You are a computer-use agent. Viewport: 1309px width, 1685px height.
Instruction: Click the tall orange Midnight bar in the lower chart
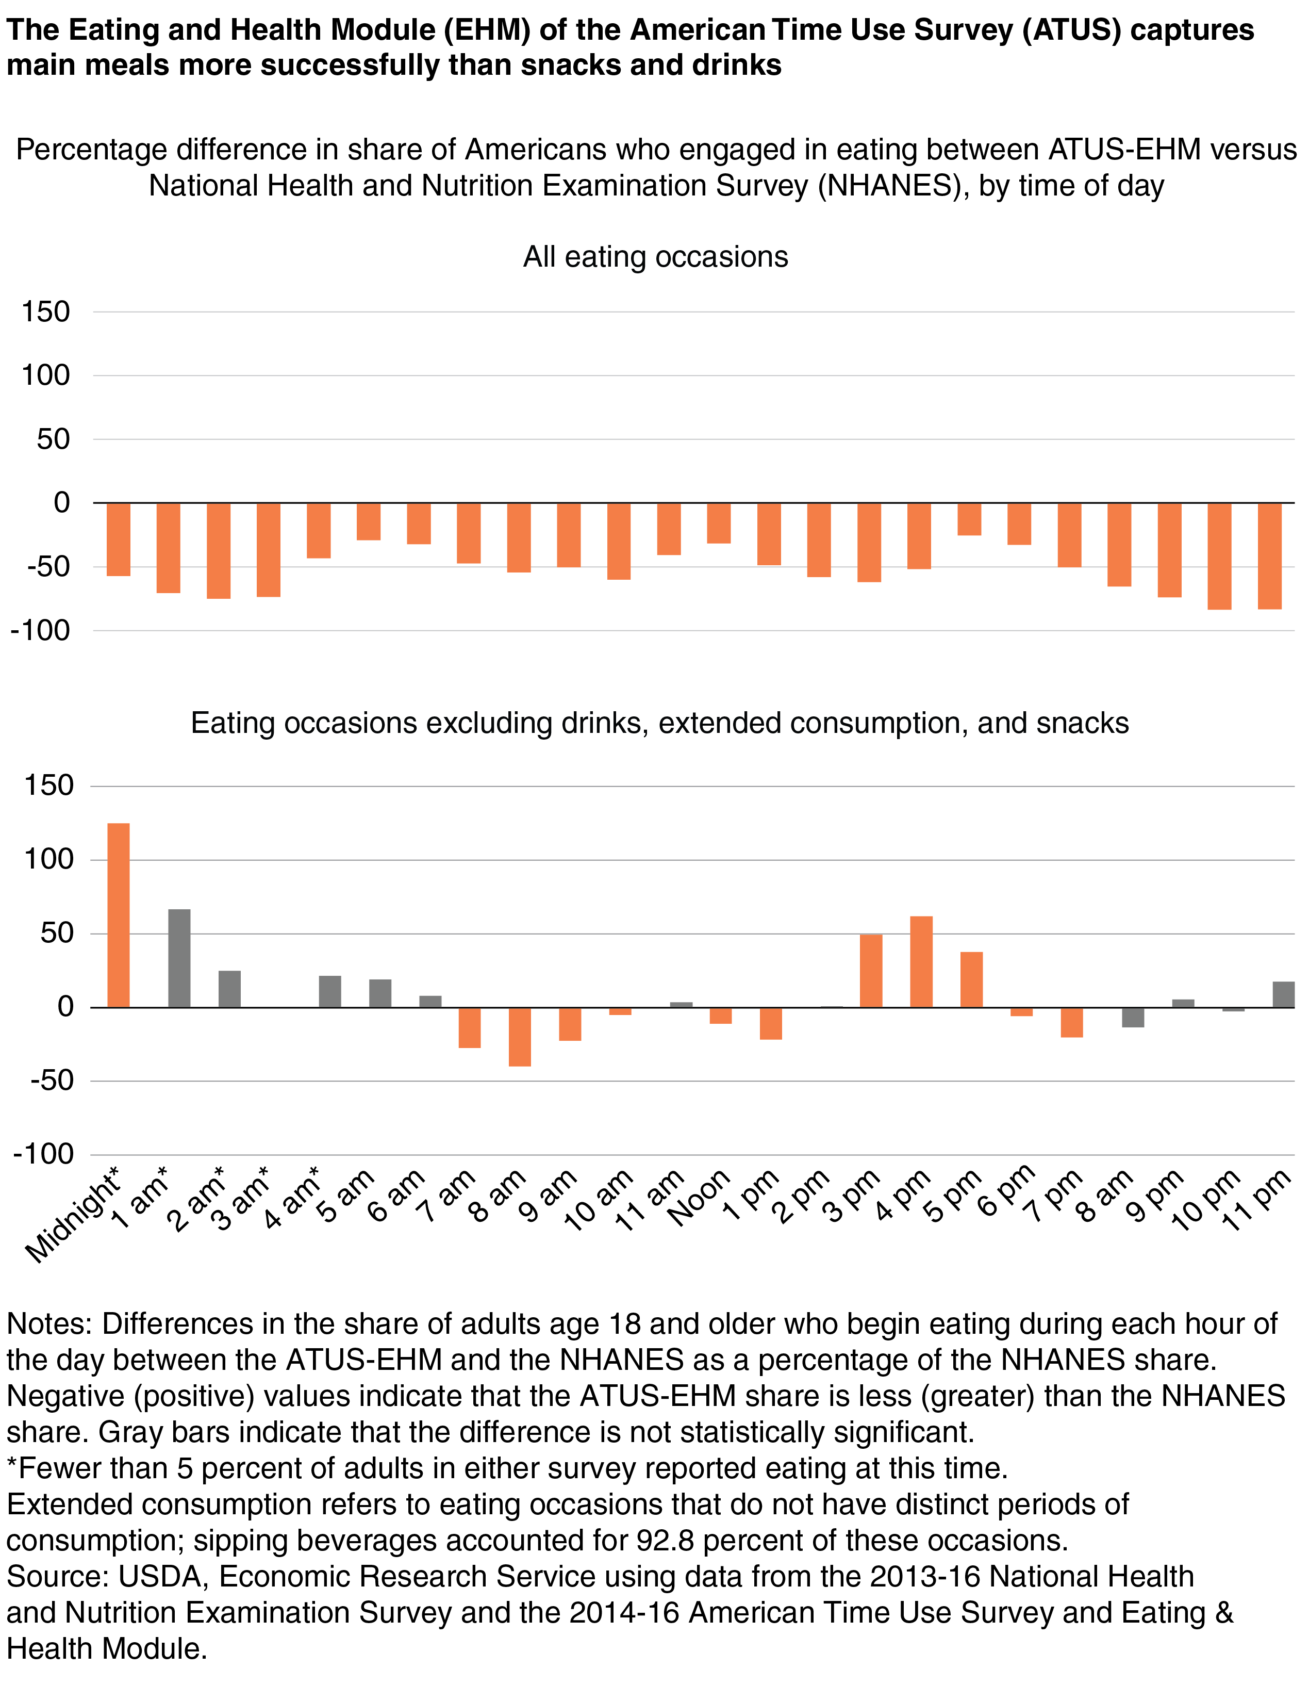pyautogui.click(x=118, y=915)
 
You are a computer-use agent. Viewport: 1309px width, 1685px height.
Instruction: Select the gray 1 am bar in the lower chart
pyautogui.click(x=179, y=958)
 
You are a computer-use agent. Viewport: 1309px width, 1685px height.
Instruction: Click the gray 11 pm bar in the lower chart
pyautogui.click(x=1284, y=994)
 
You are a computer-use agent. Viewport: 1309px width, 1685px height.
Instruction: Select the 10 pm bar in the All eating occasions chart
pyautogui.click(x=1219, y=557)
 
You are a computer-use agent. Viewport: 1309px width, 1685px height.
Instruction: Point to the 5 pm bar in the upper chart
pyautogui.click(x=970, y=519)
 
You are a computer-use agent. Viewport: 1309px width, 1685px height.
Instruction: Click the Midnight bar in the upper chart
pyautogui.click(x=119, y=540)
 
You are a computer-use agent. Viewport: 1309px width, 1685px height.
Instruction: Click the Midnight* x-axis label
pyautogui.click(x=73, y=1215)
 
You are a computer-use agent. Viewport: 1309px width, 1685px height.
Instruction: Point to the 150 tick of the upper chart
pyautogui.click(x=46, y=312)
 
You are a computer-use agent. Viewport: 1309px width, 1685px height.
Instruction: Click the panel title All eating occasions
pyautogui.click(x=656, y=257)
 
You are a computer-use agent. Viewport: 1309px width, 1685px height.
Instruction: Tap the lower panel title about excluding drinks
pyautogui.click(x=659, y=723)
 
